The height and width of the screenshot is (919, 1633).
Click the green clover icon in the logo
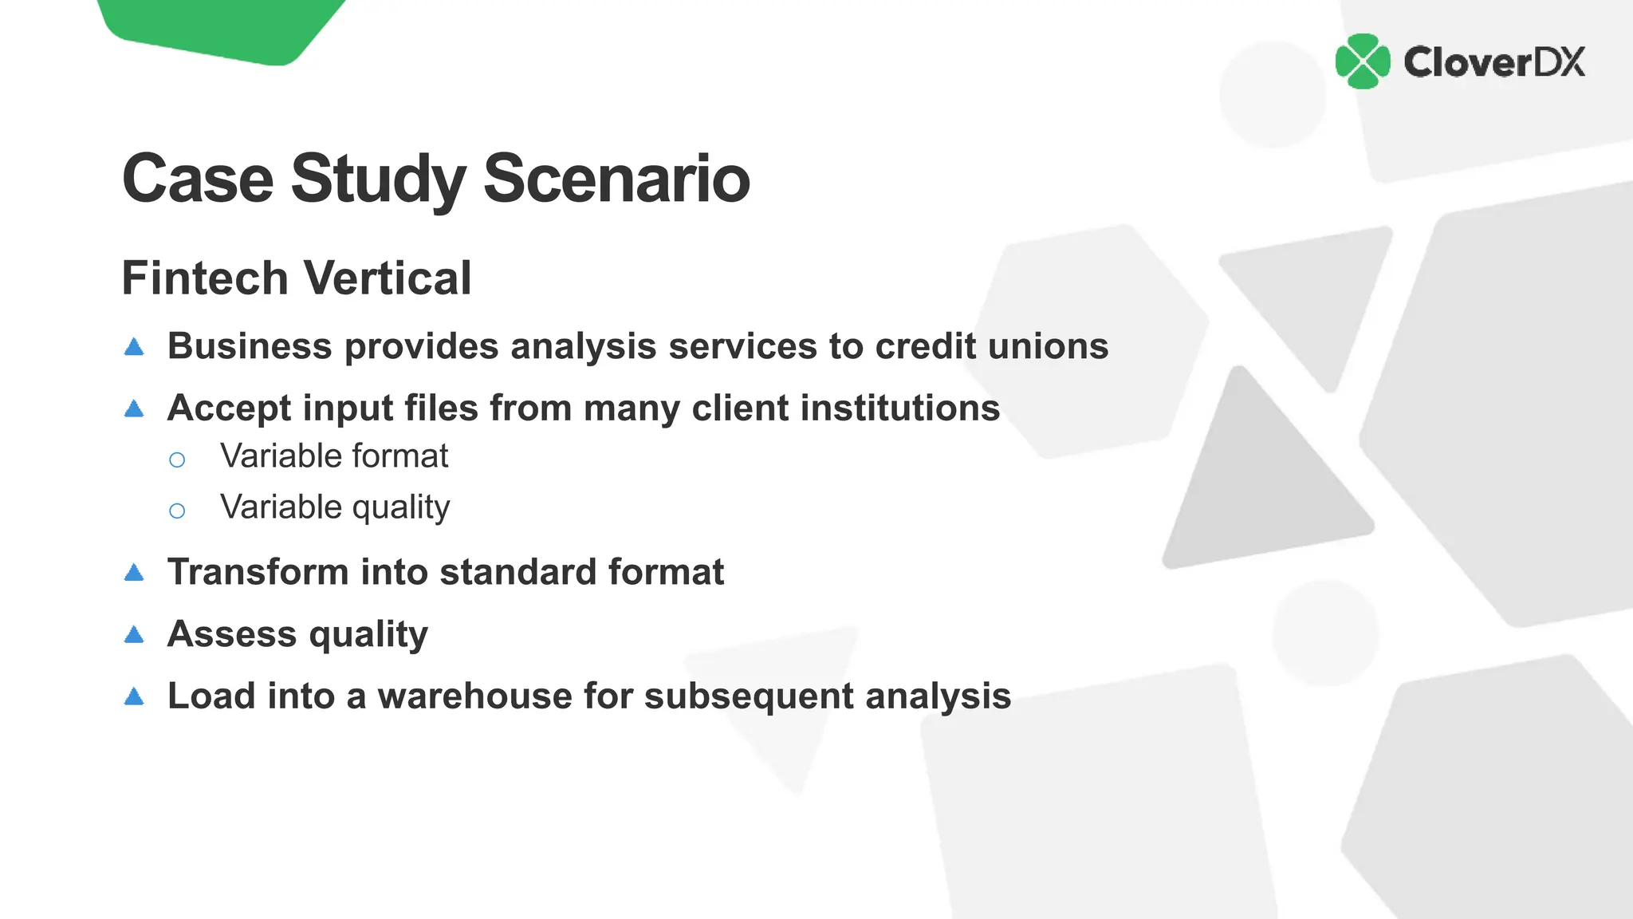coord(1362,61)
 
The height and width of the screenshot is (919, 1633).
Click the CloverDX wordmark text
coord(1494,62)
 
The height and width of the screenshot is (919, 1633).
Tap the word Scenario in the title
coord(616,179)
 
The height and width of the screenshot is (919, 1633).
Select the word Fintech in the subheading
coord(205,278)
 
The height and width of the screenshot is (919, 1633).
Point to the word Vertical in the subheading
coord(388,278)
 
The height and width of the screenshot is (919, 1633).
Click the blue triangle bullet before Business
coord(135,347)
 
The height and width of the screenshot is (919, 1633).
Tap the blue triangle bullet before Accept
coord(135,409)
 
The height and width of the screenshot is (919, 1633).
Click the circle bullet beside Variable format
coord(177,459)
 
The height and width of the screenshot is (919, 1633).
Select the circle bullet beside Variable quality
coord(177,511)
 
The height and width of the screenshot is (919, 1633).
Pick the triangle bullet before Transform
coord(135,573)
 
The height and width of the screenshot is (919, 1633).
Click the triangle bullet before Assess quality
coord(135,635)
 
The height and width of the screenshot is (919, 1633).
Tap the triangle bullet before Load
coord(135,697)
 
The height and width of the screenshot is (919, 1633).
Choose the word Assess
coord(232,634)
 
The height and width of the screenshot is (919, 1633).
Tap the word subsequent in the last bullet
coord(749,696)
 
